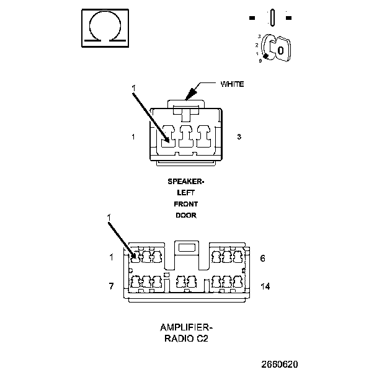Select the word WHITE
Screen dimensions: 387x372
(x=232, y=84)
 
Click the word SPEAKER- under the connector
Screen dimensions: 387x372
(x=186, y=182)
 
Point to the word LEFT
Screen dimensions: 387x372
(x=186, y=193)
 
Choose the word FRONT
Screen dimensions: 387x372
(x=186, y=204)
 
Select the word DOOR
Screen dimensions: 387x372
(x=186, y=215)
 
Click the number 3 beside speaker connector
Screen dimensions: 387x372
(x=239, y=136)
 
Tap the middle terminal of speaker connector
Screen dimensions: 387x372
(x=186, y=136)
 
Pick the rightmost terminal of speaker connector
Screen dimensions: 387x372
(x=204, y=136)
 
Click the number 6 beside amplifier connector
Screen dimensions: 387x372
(x=262, y=259)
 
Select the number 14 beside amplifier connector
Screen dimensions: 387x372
(x=265, y=286)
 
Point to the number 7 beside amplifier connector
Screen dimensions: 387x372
(x=111, y=286)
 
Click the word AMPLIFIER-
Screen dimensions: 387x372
(x=186, y=327)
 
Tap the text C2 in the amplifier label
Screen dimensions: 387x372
(x=202, y=339)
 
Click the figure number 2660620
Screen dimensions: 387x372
(x=280, y=364)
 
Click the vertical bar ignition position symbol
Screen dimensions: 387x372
(x=272, y=17)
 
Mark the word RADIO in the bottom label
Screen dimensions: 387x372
(x=179, y=339)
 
